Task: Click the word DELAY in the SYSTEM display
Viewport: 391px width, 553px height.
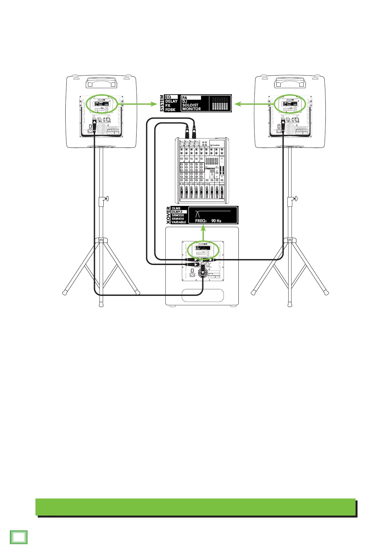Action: coord(171,101)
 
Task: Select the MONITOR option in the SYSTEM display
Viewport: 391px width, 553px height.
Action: coord(191,109)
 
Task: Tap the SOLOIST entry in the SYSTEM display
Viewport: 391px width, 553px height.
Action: coord(190,105)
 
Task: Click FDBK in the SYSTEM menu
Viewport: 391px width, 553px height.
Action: coord(170,109)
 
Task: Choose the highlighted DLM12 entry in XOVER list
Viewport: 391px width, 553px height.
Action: coord(179,212)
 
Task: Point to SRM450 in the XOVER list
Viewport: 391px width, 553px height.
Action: coord(178,219)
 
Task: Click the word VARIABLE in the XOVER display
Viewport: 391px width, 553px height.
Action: coord(179,222)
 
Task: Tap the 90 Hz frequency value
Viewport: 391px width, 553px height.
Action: coord(216,221)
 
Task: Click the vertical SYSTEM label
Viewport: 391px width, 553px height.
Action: coord(162,103)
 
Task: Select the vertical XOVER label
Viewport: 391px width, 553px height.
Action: coord(168,215)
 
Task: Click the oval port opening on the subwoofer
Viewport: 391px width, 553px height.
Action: coord(203,295)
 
